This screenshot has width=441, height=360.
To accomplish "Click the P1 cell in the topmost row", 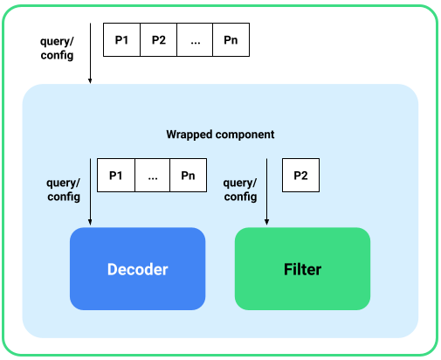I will pos(121,40).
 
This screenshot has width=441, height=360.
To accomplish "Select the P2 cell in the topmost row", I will pos(158,40).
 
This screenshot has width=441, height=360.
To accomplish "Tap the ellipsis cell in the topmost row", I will pos(195,40).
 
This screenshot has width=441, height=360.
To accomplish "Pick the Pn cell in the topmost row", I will pos(231,40).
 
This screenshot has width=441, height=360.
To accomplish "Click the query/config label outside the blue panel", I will pos(57,48).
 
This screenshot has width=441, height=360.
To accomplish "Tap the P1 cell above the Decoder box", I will pos(115,175).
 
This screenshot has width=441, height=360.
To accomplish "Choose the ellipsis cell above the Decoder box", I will pos(152,175).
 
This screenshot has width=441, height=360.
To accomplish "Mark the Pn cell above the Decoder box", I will pos(188,175).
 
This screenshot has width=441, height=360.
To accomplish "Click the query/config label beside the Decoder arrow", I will pos(62,190).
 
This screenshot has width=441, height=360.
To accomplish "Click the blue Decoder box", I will pos(137,268).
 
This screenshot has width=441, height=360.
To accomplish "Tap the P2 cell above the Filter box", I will pos(300,175).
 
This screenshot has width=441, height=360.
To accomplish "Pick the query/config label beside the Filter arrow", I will pos(240,190).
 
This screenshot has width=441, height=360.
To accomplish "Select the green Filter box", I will pos(302,268).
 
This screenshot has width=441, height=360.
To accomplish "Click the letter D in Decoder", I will pos(112,269).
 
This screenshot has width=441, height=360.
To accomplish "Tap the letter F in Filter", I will pos(287,269).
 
